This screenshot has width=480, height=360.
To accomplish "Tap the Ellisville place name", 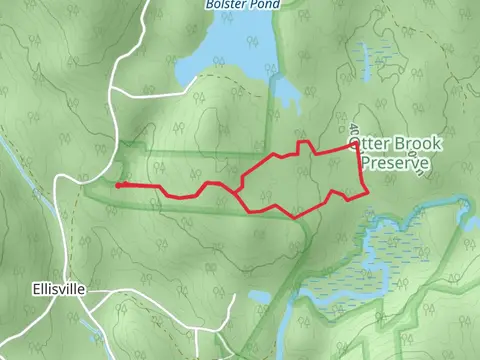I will tap(58, 289).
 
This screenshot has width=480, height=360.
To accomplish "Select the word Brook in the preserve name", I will tap(410, 146).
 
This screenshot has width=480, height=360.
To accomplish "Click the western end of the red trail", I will tap(118, 185).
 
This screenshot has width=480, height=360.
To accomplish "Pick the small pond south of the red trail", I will tap(258, 298).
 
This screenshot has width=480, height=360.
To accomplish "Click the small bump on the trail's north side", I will tap(306, 147).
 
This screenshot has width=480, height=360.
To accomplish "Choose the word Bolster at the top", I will tap(225, 4).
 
